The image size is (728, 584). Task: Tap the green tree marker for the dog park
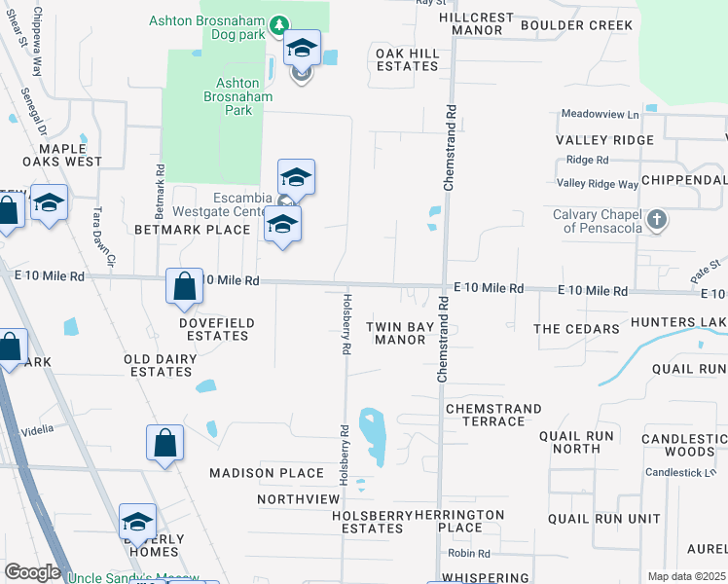[x=278, y=22]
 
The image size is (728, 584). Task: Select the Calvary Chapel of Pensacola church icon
[x=657, y=219]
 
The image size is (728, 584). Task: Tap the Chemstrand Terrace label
[x=485, y=415]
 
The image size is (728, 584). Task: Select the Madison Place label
[x=267, y=473]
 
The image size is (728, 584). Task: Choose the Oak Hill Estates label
[x=408, y=59]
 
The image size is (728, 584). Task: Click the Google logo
[x=33, y=572]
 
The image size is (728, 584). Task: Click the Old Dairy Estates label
[x=161, y=365]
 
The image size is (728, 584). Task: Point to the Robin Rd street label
[x=467, y=554]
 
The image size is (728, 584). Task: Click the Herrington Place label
[x=459, y=521]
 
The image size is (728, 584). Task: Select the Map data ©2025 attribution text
[x=686, y=576]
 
